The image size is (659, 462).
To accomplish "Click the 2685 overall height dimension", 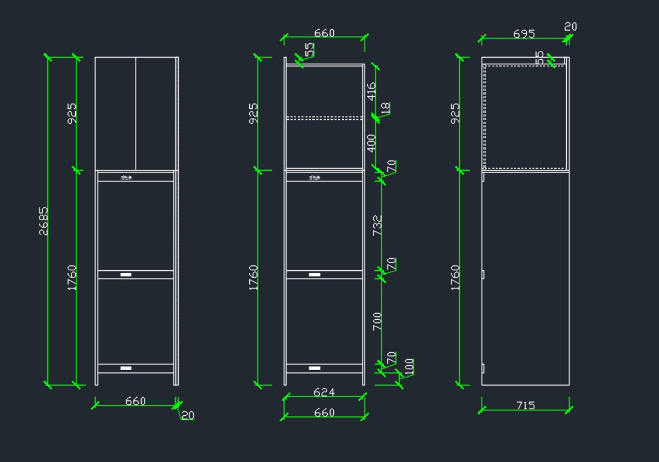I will (43, 221).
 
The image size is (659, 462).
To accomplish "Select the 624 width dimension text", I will (324, 392).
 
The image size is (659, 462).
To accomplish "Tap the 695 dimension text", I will (524, 34).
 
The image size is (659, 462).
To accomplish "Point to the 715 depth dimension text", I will (526, 405).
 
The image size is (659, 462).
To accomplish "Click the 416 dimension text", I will (371, 91).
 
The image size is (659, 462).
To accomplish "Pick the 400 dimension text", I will (371, 143).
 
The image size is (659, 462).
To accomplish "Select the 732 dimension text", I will (377, 225).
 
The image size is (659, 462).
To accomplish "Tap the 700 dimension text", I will (377, 321).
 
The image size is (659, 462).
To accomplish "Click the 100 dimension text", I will (409, 367).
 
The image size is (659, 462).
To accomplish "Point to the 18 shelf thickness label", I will (386, 108).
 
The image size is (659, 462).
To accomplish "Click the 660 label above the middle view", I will (324, 33).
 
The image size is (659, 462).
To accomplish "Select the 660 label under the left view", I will (135, 401).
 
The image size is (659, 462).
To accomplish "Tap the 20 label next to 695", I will (571, 26).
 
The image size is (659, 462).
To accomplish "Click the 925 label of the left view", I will (72, 113).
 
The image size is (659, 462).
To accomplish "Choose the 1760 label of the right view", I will (455, 277).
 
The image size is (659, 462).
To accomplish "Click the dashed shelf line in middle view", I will (324, 118).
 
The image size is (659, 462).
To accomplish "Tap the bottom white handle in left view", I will (126, 368).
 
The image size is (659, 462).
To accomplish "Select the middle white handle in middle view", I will (314, 274).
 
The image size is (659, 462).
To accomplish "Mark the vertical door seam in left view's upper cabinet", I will (136, 113).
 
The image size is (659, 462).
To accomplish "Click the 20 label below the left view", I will (188, 416).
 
